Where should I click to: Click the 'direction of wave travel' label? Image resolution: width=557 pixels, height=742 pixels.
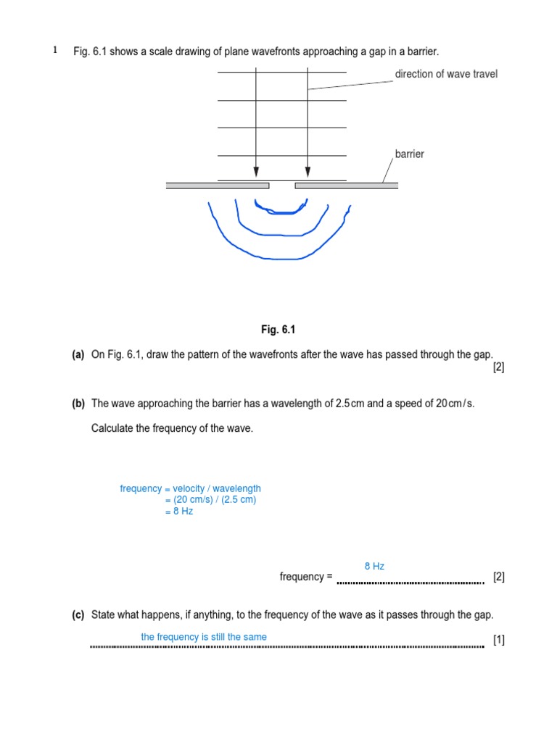(446, 74)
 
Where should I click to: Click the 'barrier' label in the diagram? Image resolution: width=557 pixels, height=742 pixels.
(410, 154)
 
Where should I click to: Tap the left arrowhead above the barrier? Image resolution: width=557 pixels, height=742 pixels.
(256, 172)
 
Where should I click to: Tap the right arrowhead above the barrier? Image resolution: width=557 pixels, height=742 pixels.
(308, 172)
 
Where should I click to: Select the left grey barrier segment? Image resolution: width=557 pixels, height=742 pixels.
(217, 185)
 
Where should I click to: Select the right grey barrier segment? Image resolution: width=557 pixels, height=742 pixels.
(346, 185)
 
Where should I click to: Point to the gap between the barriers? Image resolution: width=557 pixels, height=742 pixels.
(281, 185)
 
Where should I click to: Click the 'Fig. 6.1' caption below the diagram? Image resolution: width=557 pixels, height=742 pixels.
(278, 330)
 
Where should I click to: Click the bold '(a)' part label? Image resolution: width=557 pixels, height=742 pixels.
(78, 354)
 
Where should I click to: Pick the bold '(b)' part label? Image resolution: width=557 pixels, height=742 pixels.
(78, 404)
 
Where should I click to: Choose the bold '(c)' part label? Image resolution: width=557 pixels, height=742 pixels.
(78, 615)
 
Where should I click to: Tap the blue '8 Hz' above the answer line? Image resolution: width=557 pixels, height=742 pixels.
(374, 566)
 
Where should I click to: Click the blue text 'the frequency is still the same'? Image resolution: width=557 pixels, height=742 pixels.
(204, 637)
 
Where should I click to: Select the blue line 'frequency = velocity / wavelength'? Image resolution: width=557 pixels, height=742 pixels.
(190, 489)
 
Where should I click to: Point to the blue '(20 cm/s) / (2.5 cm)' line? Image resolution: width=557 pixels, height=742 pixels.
(210, 500)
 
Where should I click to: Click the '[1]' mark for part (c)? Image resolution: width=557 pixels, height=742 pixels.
(498, 640)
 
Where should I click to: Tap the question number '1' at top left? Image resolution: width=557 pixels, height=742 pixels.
(54, 51)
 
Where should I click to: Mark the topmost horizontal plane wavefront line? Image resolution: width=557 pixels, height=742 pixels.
(281, 73)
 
